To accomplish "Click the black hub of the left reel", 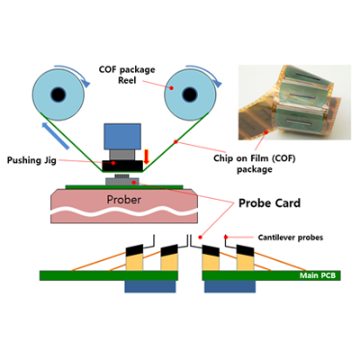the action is click(58, 94).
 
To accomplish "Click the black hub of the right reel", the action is click(190, 94).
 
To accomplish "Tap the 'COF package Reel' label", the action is click(127, 75).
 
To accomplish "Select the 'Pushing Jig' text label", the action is click(31, 160).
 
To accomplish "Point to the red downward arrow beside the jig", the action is click(147, 157).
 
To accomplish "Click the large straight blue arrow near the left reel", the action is click(56, 136).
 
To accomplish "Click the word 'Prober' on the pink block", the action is click(124, 200).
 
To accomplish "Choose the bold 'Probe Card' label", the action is click(269, 203).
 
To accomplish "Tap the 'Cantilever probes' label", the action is click(291, 238).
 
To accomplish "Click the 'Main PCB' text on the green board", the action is click(318, 275).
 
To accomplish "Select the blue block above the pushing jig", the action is click(122, 137).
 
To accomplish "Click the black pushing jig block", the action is click(122, 166).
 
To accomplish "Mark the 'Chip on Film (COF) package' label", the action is click(255, 164).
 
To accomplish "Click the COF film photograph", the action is click(294, 103).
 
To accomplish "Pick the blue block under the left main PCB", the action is click(150, 286).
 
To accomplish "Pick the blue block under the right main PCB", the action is click(229, 286).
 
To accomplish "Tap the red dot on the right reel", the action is click(172, 88).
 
